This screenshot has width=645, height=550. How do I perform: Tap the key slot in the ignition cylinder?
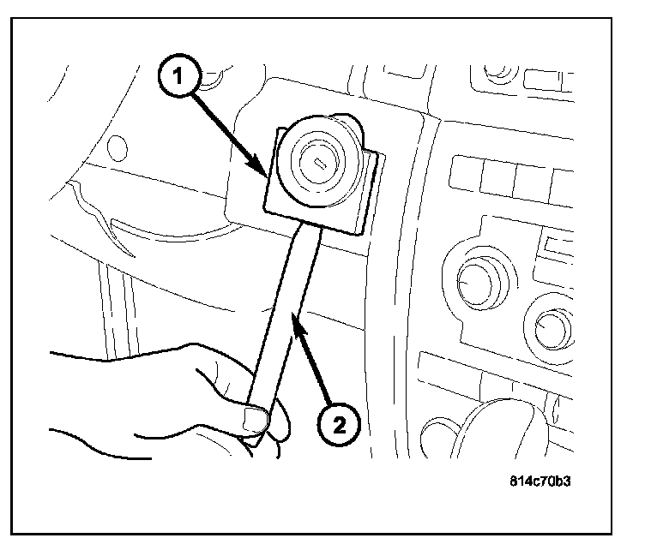pyautogui.click(x=318, y=161)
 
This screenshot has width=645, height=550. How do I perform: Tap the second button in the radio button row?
pyautogui.click(x=497, y=176)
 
